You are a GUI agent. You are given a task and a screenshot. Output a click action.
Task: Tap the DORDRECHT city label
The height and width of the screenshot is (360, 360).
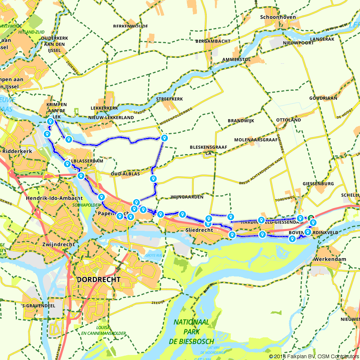tap(98, 279)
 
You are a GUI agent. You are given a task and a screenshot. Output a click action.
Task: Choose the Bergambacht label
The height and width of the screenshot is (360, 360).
tap(213, 41)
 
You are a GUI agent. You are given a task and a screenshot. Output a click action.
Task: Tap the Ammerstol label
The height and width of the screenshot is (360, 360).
tap(237, 59)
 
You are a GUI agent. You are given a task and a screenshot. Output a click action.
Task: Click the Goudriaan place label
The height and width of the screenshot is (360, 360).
tap(323, 98)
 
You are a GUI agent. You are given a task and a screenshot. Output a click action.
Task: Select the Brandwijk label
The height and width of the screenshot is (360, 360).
tap(241, 121)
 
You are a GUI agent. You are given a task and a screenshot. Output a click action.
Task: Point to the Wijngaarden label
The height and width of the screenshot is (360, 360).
tap(187, 197)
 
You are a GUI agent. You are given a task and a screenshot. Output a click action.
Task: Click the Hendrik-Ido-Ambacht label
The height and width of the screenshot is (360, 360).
tap(54, 198)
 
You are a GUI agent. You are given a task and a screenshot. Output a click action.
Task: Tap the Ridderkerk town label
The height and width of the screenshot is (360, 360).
tap(17, 151)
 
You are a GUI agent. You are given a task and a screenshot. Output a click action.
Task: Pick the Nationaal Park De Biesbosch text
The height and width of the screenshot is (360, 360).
tap(193, 331)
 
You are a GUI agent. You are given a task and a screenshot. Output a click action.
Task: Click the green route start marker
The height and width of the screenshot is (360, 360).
tap(311, 217)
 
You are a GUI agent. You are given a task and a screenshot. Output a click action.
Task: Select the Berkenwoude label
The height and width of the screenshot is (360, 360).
tap(125, 26)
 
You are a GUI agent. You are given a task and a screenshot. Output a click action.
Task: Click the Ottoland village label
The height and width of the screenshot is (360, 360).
tap(288, 120)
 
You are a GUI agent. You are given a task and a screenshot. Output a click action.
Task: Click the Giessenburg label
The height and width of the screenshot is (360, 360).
tap(318, 184)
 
